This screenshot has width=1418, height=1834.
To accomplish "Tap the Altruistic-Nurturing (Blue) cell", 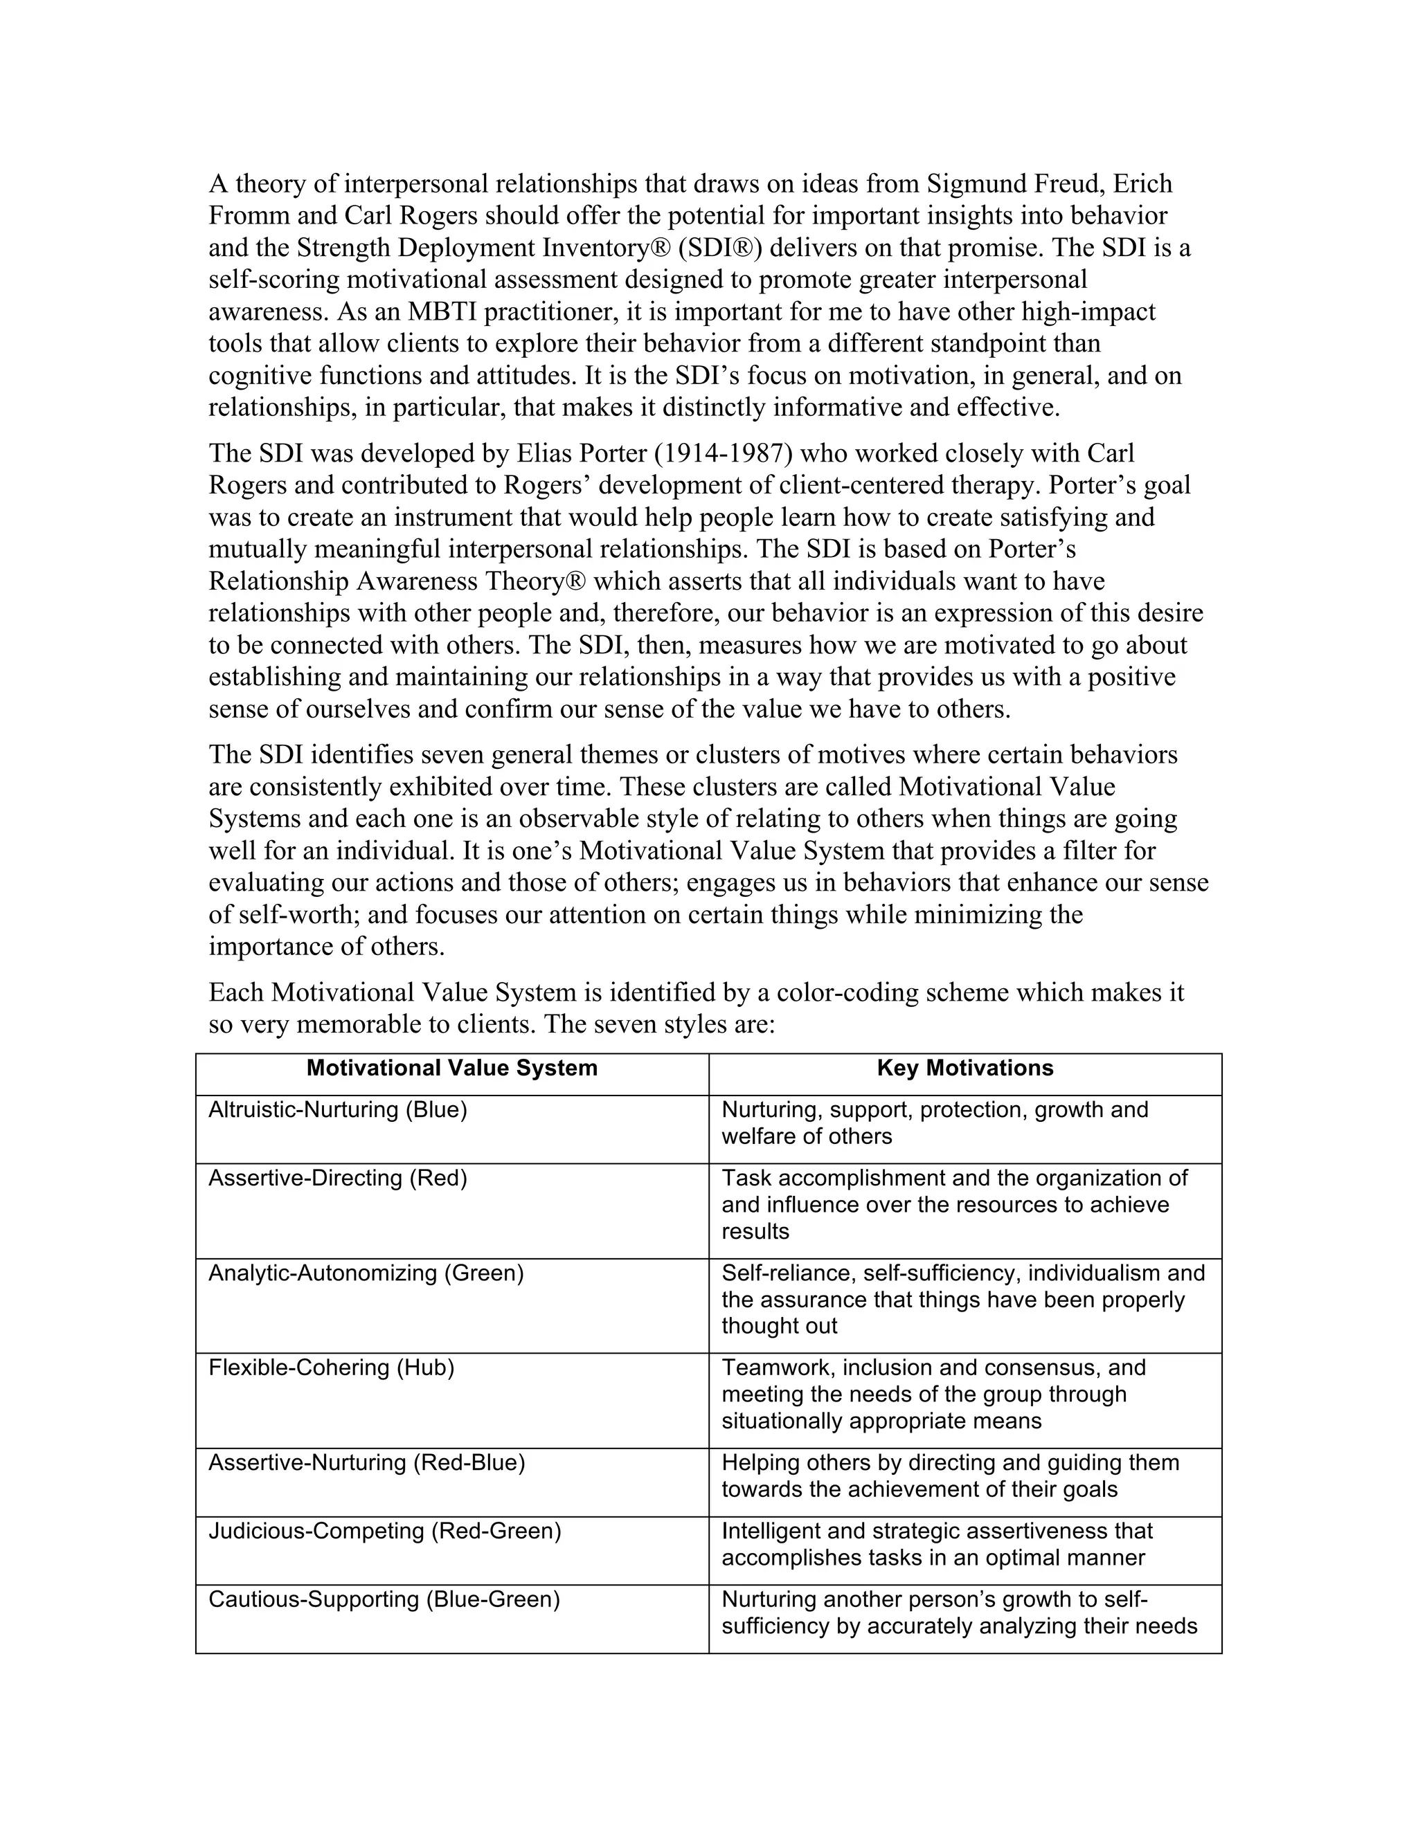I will point(338,1109).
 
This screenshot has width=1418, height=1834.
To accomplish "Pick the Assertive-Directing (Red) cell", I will point(338,1178).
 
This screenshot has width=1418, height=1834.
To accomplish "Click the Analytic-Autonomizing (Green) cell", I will point(366,1273).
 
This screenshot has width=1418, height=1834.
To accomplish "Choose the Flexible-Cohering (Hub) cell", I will point(331,1368).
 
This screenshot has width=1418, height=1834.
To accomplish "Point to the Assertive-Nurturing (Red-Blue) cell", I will point(366,1463).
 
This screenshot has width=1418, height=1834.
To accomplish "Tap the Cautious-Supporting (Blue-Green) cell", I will point(384,1599).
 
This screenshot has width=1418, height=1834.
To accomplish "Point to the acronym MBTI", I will point(442,311).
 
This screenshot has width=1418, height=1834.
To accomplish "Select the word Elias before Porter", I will point(544,453).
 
